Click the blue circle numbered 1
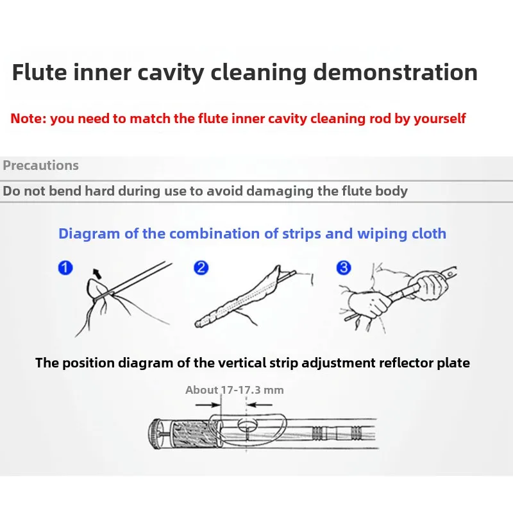(65, 267)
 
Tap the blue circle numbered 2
(201, 267)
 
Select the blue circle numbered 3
(344, 267)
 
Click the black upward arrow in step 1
(97, 274)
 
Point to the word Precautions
(41, 165)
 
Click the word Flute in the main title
(39, 72)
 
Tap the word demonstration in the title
(395, 72)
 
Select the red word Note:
(28, 119)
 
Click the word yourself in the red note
(439, 119)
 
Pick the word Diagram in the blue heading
(89, 234)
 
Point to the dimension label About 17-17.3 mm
(234, 390)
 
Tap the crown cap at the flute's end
(155, 434)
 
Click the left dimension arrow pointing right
(208, 405)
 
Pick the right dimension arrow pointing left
(260, 405)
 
